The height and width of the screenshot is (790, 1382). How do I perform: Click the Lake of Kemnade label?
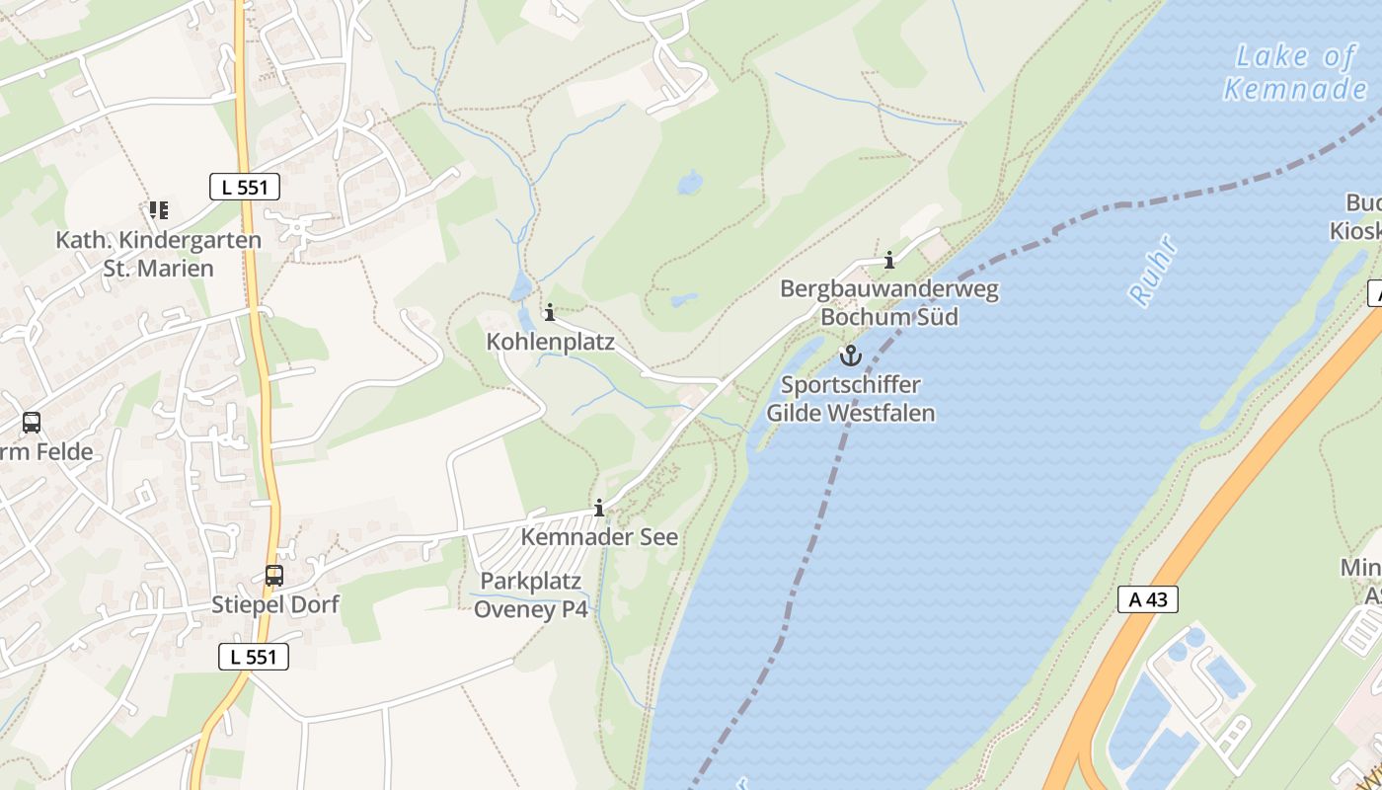coord(1295,72)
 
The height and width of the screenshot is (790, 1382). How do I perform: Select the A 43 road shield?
coord(1148,598)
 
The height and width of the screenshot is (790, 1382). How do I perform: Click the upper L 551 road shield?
coord(245,187)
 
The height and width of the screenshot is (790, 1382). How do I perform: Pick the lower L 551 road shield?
coord(254,657)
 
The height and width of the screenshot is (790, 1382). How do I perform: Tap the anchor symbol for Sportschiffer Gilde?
coord(850,355)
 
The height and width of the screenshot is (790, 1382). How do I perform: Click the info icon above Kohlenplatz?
coord(550,313)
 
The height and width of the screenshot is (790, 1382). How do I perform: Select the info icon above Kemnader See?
coord(599,509)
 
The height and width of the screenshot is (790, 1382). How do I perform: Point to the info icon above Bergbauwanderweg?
coord(889,261)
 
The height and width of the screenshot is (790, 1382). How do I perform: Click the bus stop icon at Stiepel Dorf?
coord(274,575)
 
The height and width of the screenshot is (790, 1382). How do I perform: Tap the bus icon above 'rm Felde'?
coord(32,423)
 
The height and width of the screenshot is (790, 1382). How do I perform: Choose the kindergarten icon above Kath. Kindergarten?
coord(158,210)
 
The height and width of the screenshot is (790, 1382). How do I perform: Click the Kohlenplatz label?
coord(550,342)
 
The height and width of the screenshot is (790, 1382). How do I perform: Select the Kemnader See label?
coord(599,537)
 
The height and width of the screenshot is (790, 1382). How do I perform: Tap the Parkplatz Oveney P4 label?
coord(531,595)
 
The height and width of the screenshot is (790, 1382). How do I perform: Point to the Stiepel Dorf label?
coord(275,604)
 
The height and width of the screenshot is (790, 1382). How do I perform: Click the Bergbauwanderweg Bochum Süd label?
coord(888,303)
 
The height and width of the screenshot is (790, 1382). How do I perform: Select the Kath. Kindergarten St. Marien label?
coord(158,254)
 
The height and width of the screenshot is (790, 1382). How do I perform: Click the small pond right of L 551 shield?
coord(690,183)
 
